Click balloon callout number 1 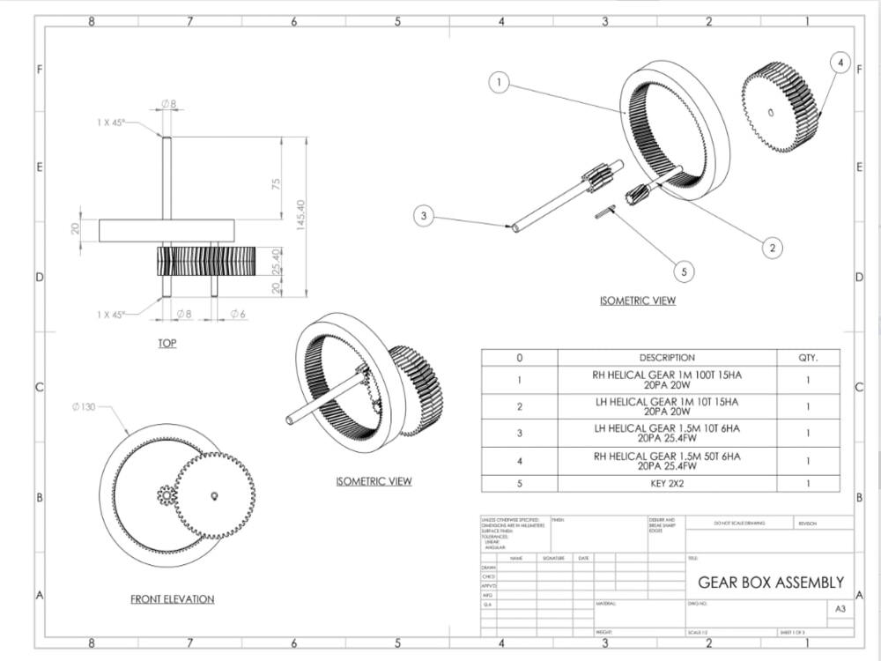coord(500,83)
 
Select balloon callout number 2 coord(772,248)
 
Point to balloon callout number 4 coord(840,63)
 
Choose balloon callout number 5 coord(684,271)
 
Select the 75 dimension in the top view coord(276,184)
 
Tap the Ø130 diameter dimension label coord(85,407)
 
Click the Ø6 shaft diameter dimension coord(238,314)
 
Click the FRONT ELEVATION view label coord(172,599)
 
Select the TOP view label coord(167,343)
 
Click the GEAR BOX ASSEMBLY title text coord(770,583)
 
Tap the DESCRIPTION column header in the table coord(667,358)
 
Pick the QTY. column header coord(807,358)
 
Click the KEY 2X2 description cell coord(667,483)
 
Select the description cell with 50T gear coord(667,460)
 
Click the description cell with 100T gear coord(667,380)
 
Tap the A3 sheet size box coord(839,608)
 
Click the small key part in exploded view coord(604,211)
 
